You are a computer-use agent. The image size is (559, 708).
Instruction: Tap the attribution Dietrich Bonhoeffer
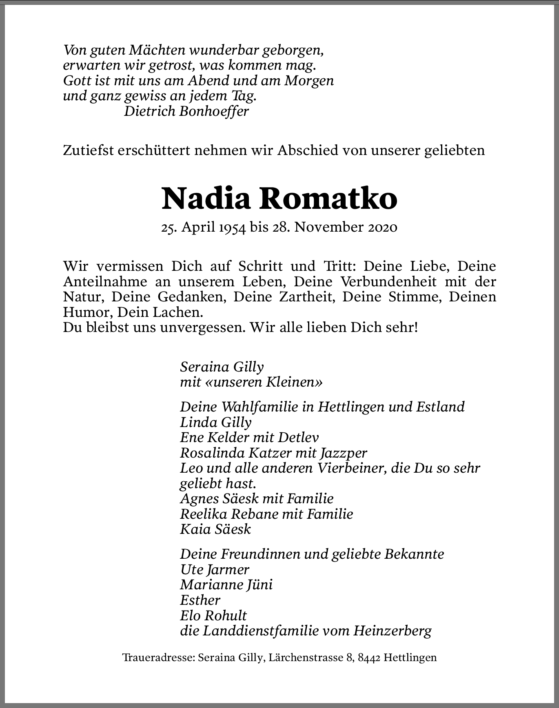[x=186, y=111]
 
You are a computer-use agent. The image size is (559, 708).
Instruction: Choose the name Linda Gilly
[x=215, y=422]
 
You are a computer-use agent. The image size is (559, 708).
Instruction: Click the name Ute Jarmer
[x=214, y=569]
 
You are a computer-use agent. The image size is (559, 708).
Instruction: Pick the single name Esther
[x=200, y=600]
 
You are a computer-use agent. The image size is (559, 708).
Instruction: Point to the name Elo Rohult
[x=213, y=615]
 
